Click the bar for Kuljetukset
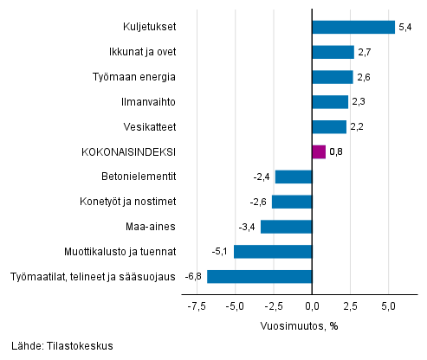[x=353, y=27]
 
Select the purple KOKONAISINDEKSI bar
[x=318, y=151]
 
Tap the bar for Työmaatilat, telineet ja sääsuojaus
[x=259, y=277]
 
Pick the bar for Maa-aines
[x=286, y=227]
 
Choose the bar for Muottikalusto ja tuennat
[x=272, y=252]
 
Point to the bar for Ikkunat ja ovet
[x=332, y=52]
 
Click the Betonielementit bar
[x=293, y=177]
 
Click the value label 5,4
[x=404, y=28]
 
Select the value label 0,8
[x=336, y=152]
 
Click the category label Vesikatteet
[x=152, y=127]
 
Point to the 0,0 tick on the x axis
[x=311, y=306]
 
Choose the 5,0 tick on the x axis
[x=388, y=306]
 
